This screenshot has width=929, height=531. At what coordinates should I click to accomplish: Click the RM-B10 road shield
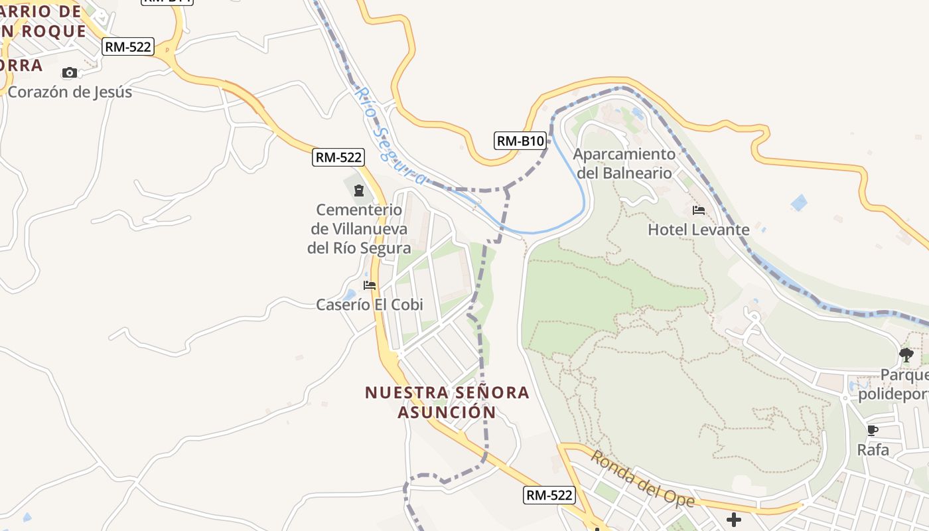pos(520,141)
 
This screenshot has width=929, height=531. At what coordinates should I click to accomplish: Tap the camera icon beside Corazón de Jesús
pos(70,72)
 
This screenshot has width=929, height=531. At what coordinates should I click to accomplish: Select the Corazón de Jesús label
pos(70,92)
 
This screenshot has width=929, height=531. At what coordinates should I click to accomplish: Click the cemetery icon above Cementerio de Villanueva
pos(359,191)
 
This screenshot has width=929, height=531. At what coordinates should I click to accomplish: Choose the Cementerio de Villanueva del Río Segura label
pos(359,229)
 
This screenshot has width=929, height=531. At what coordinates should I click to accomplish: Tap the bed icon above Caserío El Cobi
pos(370,285)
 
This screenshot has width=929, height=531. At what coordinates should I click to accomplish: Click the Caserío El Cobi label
pos(370,305)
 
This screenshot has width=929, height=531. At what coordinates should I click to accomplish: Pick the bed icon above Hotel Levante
pos(699,210)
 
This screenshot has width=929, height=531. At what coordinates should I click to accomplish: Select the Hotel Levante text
pos(699,230)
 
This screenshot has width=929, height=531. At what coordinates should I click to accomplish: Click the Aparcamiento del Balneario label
pos(624,163)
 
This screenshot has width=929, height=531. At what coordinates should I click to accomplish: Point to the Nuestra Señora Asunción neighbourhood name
pos(447,402)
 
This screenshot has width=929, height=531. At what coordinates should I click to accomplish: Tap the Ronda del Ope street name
pos(642,480)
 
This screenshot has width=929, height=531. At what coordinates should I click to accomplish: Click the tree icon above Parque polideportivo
pos(906,355)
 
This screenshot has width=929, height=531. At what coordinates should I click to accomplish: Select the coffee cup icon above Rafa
pos(873,430)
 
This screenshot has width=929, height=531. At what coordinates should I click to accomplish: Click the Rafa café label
pos(873,449)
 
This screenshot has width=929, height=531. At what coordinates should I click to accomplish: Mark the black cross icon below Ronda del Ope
pos(733,520)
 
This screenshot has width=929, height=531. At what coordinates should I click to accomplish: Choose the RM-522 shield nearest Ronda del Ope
pos(549,494)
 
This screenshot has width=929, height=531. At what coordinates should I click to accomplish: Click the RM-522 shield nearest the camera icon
pos(128,46)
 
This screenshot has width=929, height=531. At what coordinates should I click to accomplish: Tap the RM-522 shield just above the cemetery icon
pos(338,157)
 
